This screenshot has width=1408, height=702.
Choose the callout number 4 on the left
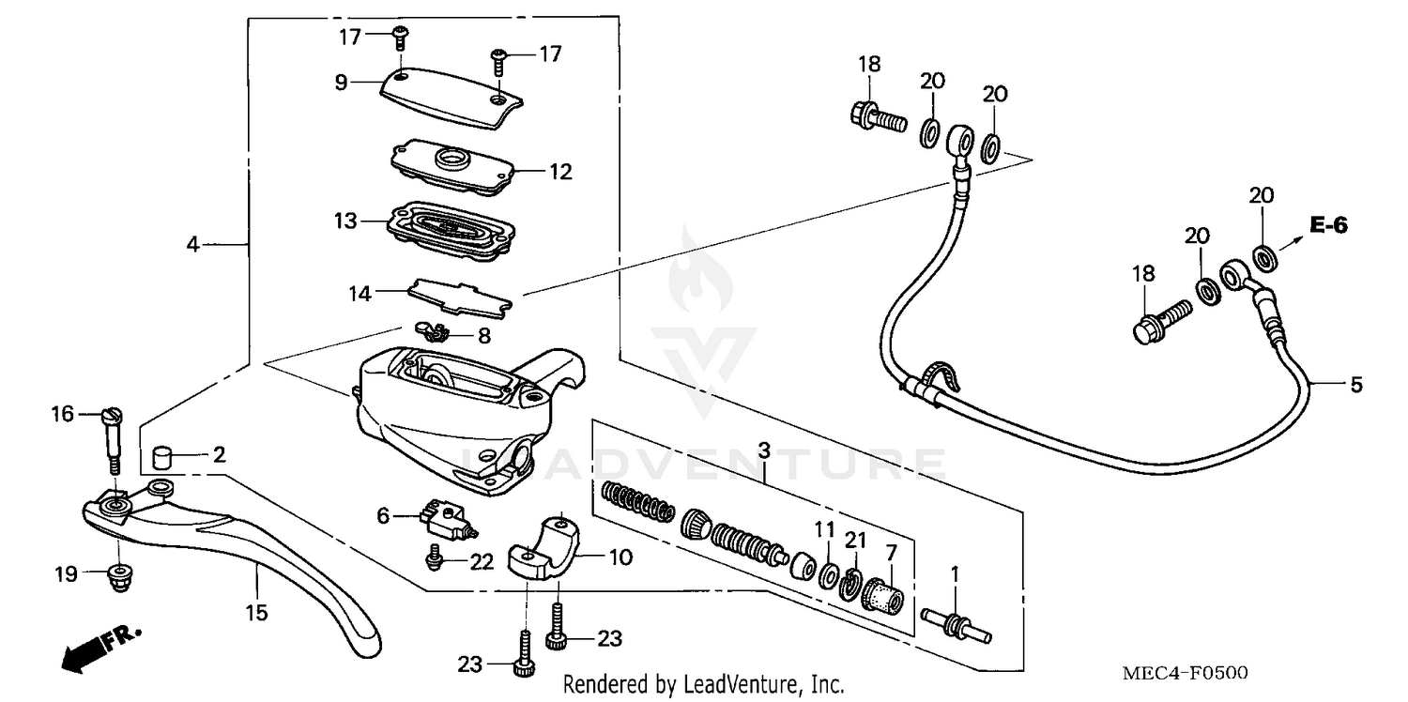click(x=192, y=244)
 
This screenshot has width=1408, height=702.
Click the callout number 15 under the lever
click(x=256, y=613)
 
